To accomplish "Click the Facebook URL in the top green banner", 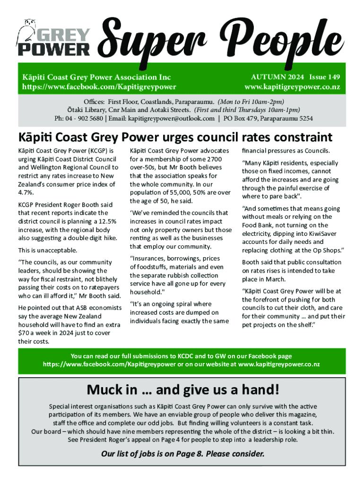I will click(99, 86).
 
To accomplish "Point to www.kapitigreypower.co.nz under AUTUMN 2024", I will click(292, 87).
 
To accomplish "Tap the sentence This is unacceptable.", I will click(47, 250).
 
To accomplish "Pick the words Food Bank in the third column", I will click(258, 225).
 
